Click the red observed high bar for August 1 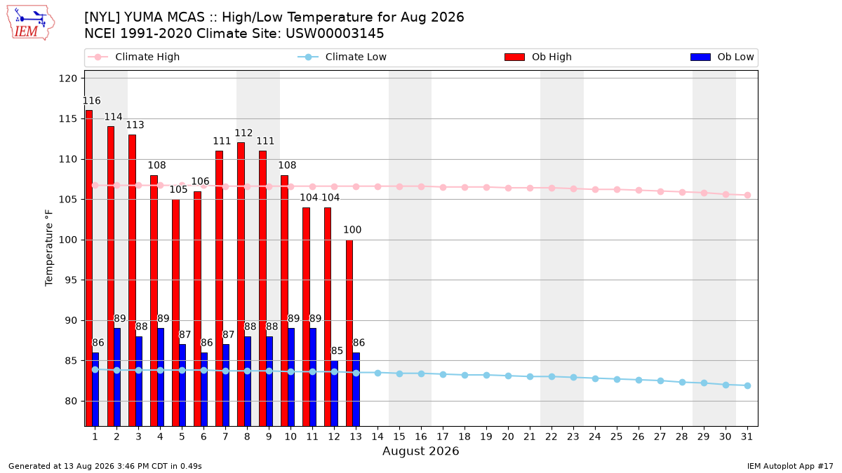(x=89, y=268)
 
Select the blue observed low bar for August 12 (x=335, y=393)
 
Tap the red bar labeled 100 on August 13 (x=349, y=333)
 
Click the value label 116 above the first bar (x=92, y=101)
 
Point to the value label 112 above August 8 (x=243, y=133)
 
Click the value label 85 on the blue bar (x=337, y=350)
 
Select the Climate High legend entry (x=134, y=57)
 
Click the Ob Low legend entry (x=722, y=57)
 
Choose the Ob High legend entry (x=538, y=57)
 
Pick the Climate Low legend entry (x=342, y=57)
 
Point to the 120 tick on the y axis (x=67, y=78)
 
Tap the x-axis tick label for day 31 (x=747, y=437)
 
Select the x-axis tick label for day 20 (x=508, y=437)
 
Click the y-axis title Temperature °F (x=49, y=248)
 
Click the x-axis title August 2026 (x=420, y=451)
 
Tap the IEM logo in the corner (x=30, y=23)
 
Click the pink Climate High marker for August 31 (x=747, y=196)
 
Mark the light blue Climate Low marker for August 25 (x=617, y=380)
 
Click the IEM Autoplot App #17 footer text (x=790, y=466)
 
